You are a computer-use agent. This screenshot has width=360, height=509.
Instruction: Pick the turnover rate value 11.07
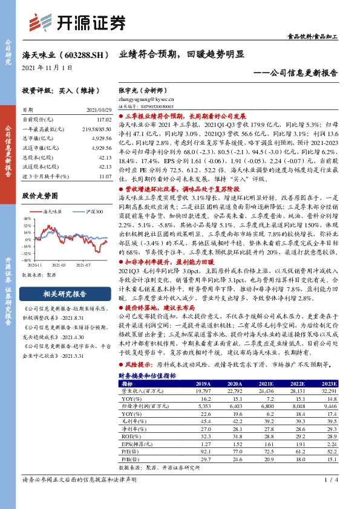105,176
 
